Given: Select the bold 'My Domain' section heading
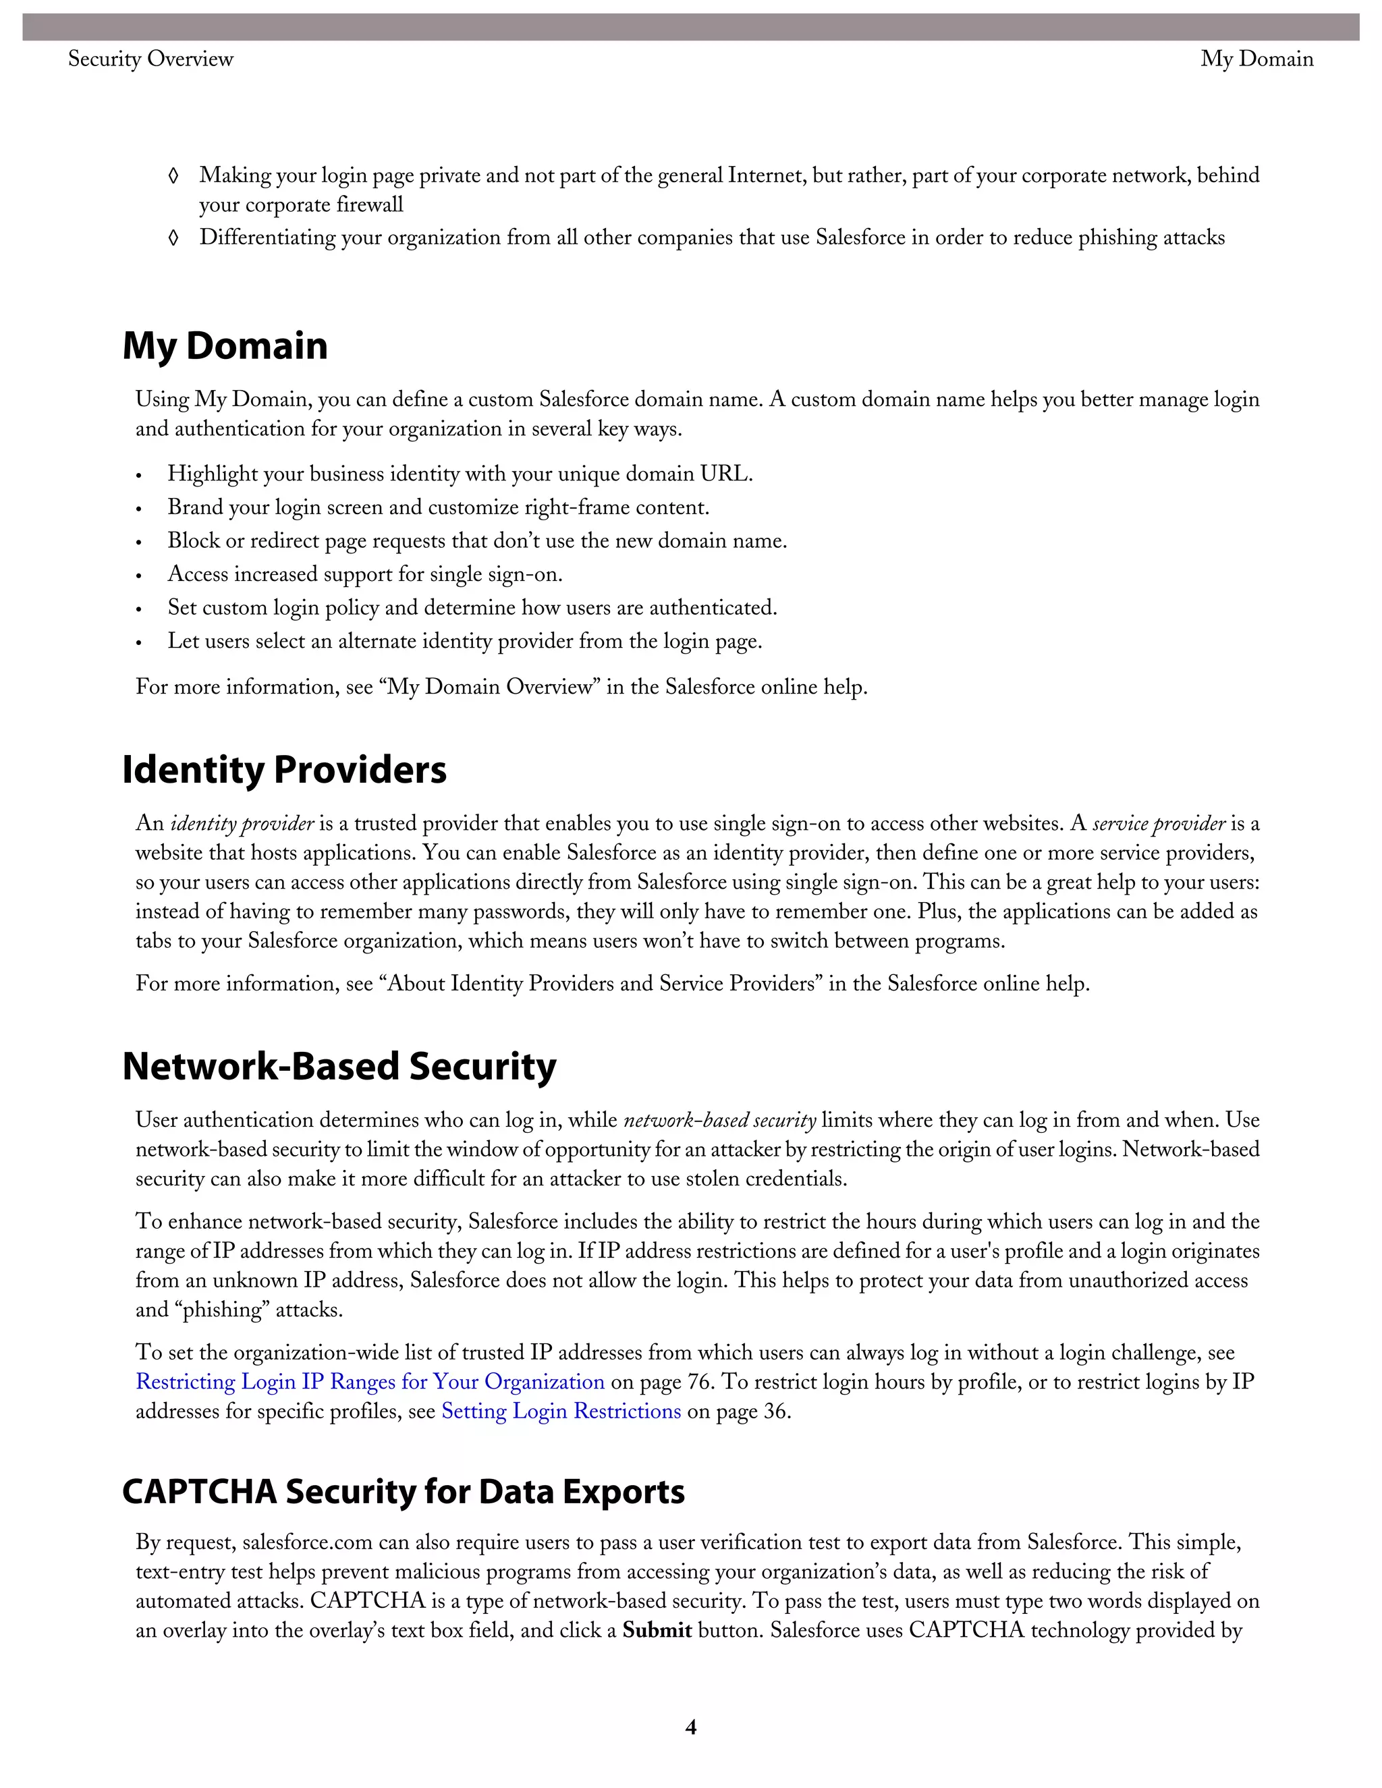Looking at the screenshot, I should [x=225, y=345].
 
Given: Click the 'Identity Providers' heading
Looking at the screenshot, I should [x=284, y=770].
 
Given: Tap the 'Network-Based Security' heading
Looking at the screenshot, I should [x=339, y=1067].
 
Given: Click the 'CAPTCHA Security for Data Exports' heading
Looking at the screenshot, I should [x=403, y=1492].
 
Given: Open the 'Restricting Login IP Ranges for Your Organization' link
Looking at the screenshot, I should [x=370, y=1382].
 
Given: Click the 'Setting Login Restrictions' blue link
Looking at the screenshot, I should [x=561, y=1412].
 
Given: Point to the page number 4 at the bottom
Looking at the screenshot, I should [x=690, y=1727].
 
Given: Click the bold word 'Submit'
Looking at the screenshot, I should [x=657, y=1631].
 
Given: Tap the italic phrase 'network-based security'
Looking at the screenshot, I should [x=719, y=1121].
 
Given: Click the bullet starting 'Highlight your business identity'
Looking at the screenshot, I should [x=460, y=474].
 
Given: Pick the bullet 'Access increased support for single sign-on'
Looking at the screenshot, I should [x=364, y=575].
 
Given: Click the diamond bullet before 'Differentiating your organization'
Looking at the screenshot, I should [x=173, y=238].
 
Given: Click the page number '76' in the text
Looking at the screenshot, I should [x=698, y=1382].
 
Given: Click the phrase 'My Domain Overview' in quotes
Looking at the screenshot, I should [x=490, y=686].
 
